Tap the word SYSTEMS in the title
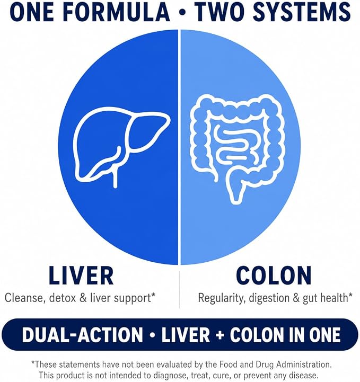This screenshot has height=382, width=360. tap(302, 12)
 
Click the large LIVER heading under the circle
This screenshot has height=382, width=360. tap(81, 276)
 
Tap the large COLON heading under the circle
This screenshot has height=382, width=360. tap(274, 276)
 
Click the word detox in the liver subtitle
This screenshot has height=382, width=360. tap(63, 298)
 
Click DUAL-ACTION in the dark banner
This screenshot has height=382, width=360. tap(82, 335)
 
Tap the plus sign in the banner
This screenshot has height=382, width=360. tap(219, 335)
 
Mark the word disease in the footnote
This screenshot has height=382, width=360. tap(301, 375)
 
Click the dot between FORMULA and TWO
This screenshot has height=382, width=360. tap(182, 13)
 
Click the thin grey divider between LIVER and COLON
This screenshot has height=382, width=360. tap(179, 289)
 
